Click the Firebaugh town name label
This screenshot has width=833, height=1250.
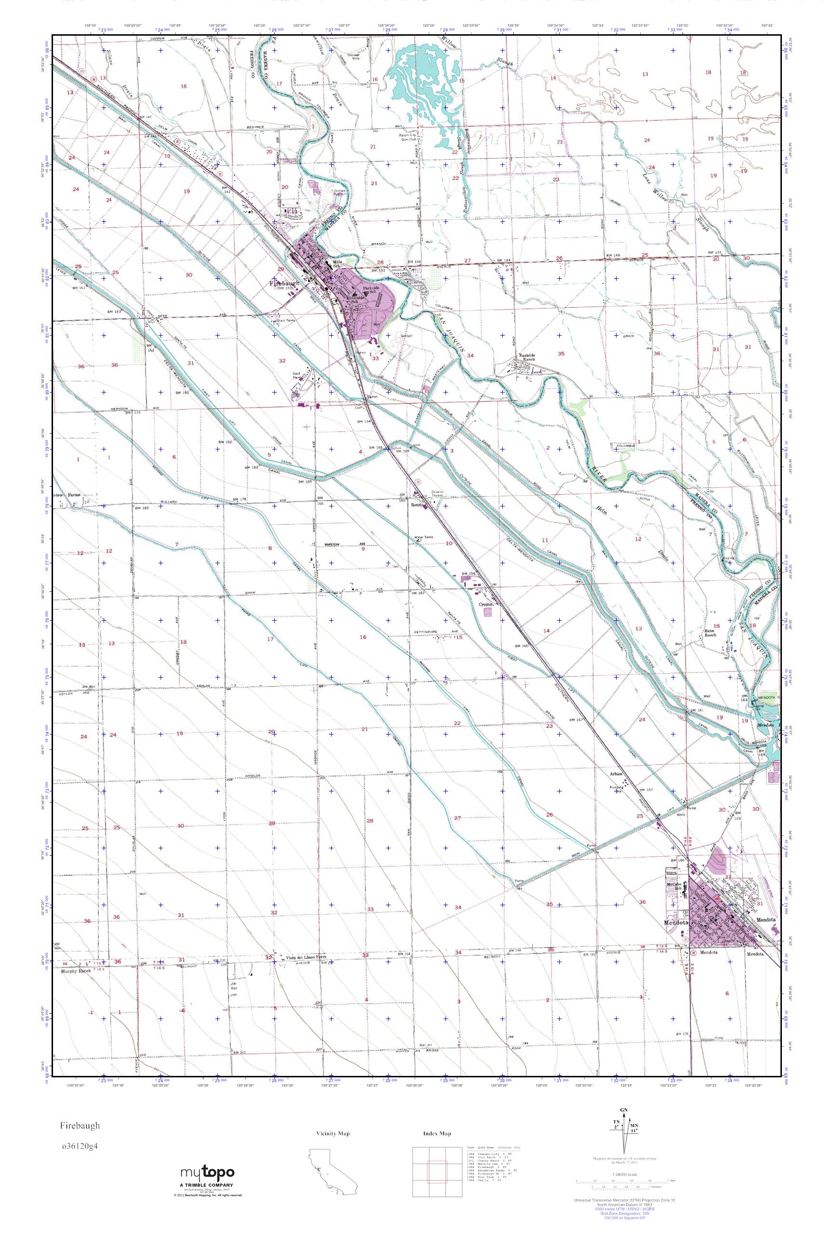[284, 283]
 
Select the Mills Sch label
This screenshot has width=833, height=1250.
[337, 264]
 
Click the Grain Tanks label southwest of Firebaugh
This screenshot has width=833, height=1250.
[285, 321]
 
